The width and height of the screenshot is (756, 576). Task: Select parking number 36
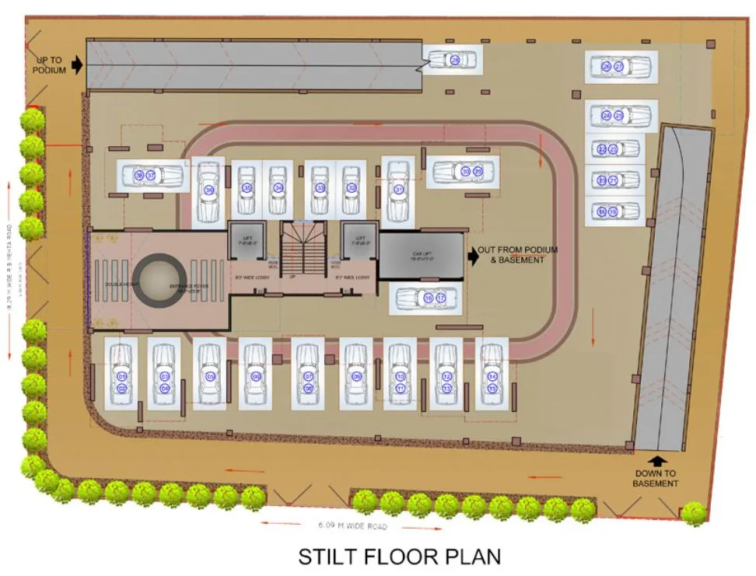coord(208,189)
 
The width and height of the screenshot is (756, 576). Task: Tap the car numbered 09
coord(356,376)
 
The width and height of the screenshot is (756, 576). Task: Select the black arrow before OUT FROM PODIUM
coord(471,254)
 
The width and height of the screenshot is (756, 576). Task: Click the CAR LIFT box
coord(420,255)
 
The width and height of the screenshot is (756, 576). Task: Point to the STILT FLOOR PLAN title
coord(400,557)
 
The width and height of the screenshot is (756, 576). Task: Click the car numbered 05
coord(210,375)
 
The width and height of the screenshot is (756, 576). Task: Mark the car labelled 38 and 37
coord(150,176)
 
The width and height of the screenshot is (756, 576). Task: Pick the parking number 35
coord(247,188)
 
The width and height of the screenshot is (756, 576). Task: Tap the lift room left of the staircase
coord(247,241)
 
